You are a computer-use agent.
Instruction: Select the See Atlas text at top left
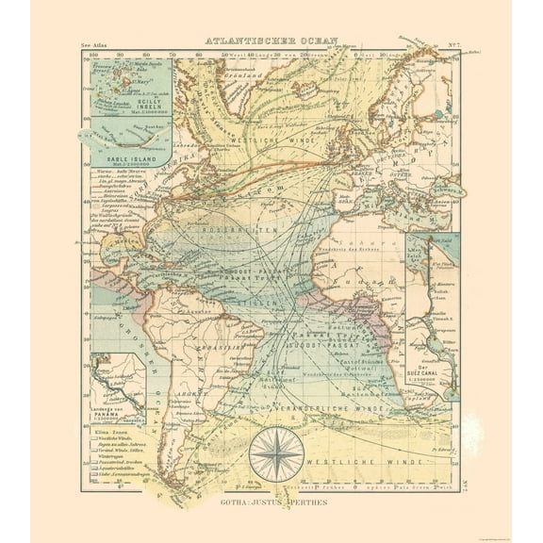(x=96, y=43)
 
